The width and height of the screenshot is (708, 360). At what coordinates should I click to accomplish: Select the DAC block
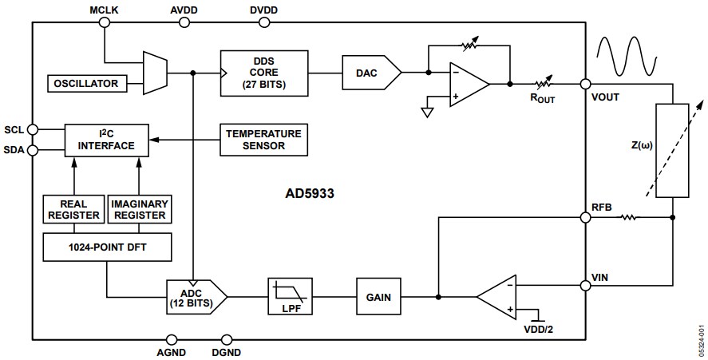pyautogui.click(x=370, y=73)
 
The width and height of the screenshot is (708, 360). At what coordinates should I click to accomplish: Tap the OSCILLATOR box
pyautogui.click(x=86, y=83)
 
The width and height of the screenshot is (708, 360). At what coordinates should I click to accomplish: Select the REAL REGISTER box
pyautogui.click(x=73, y=209)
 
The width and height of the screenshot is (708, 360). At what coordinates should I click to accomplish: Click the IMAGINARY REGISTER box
pyautogui.click(x=139, y=209)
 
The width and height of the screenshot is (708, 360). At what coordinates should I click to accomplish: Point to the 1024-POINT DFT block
pyautogui.click(x=106, y=248)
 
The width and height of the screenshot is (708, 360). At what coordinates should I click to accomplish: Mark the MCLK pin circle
pyautogui.click(x=104, y=23)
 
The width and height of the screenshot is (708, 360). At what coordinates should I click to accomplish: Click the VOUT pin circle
pyautogui.click(x=585, y=84)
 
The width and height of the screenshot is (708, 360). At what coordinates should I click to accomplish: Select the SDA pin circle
pyautogui.click(x=33, y=149)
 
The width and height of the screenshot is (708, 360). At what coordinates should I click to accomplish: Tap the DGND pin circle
pyautogui.click(x=227, y=338)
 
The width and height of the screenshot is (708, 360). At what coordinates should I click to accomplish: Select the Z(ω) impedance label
pyautogui.click(x=641, y=146)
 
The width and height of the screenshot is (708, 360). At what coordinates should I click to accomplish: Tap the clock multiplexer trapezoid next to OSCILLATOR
pyautogui.click(x=154, y=72)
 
